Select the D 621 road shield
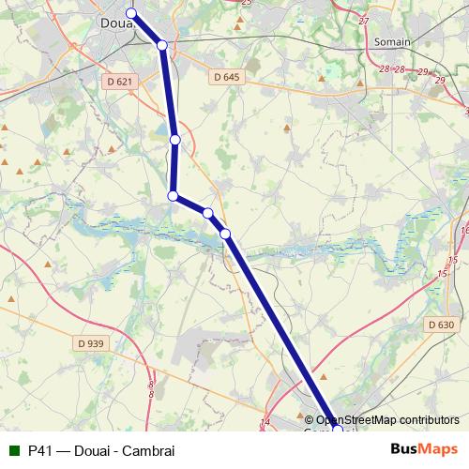pyautogui.click(x=118, y=83)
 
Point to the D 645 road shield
pyautogui.click(x=227, y=77)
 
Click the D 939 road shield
pyautogui.click(x=91, y=343)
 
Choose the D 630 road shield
pyautogui.click(x=441, y=325)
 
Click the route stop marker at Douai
pyautogui.click(x=131, y=13)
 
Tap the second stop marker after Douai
pyautogui.click(x=175, y=140)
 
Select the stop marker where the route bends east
pyautogui.click(x=173, y=195)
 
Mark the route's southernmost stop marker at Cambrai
pyautogui.click(x=337, y=429)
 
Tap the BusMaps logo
pyautogui.click(x=425, y=449)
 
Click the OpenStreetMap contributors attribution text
pyautogui.click(x=386, y=419)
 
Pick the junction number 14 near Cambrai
pyautogui.click(x=265, y=423)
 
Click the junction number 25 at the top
pyautogui.click(x=247, y=3)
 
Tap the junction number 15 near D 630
pyautogui.click(x=442, y=273)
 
